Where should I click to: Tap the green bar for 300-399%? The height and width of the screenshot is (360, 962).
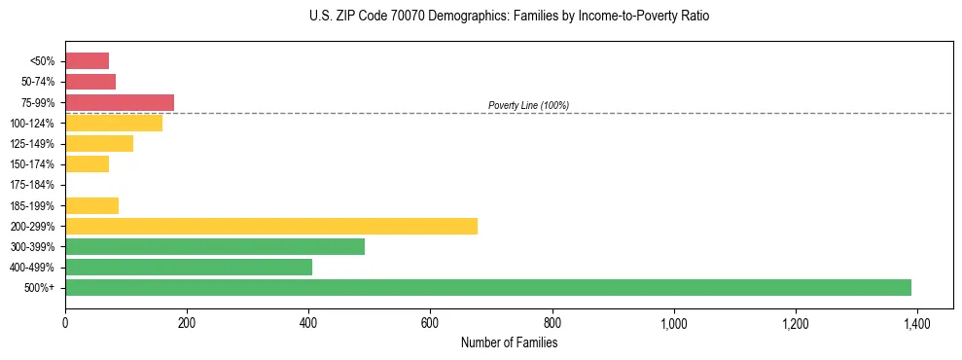(215, 246)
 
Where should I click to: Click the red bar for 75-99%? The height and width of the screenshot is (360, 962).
(120, 102)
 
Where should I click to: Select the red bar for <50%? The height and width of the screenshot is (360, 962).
(87, 61)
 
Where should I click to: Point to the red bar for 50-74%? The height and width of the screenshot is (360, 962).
(90, 82)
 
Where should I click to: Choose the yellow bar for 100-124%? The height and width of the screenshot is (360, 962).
(114, 123)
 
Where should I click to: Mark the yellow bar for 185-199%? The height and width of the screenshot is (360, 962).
(91, 205)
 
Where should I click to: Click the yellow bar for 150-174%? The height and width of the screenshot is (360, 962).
(87, 164)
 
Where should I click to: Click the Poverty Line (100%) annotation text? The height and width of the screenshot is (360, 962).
(528, 105)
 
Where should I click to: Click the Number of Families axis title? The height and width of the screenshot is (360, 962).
(509, 342)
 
